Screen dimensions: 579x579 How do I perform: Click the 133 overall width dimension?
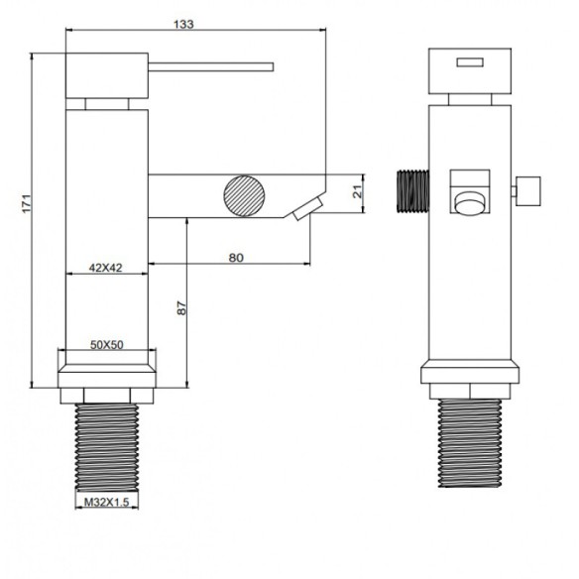click(x=183, y=25)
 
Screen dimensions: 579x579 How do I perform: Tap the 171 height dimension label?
click(x=27, y=202)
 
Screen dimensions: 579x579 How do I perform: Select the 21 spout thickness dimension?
click(x=358, y=192)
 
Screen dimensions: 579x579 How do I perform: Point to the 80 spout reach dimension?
click(x=236, y=258)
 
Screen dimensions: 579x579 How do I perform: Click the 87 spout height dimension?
click(x=181, y=308)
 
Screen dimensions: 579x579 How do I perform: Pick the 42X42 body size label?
click(x=106, y=268)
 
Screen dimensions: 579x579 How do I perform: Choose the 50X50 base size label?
click(x=107, y=345)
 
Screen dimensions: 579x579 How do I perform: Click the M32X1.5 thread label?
click(x=107, y=503)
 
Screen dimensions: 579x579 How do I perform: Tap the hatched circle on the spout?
click(x=245, y=195)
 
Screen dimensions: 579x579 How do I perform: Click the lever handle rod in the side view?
click(x=211, y=66)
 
